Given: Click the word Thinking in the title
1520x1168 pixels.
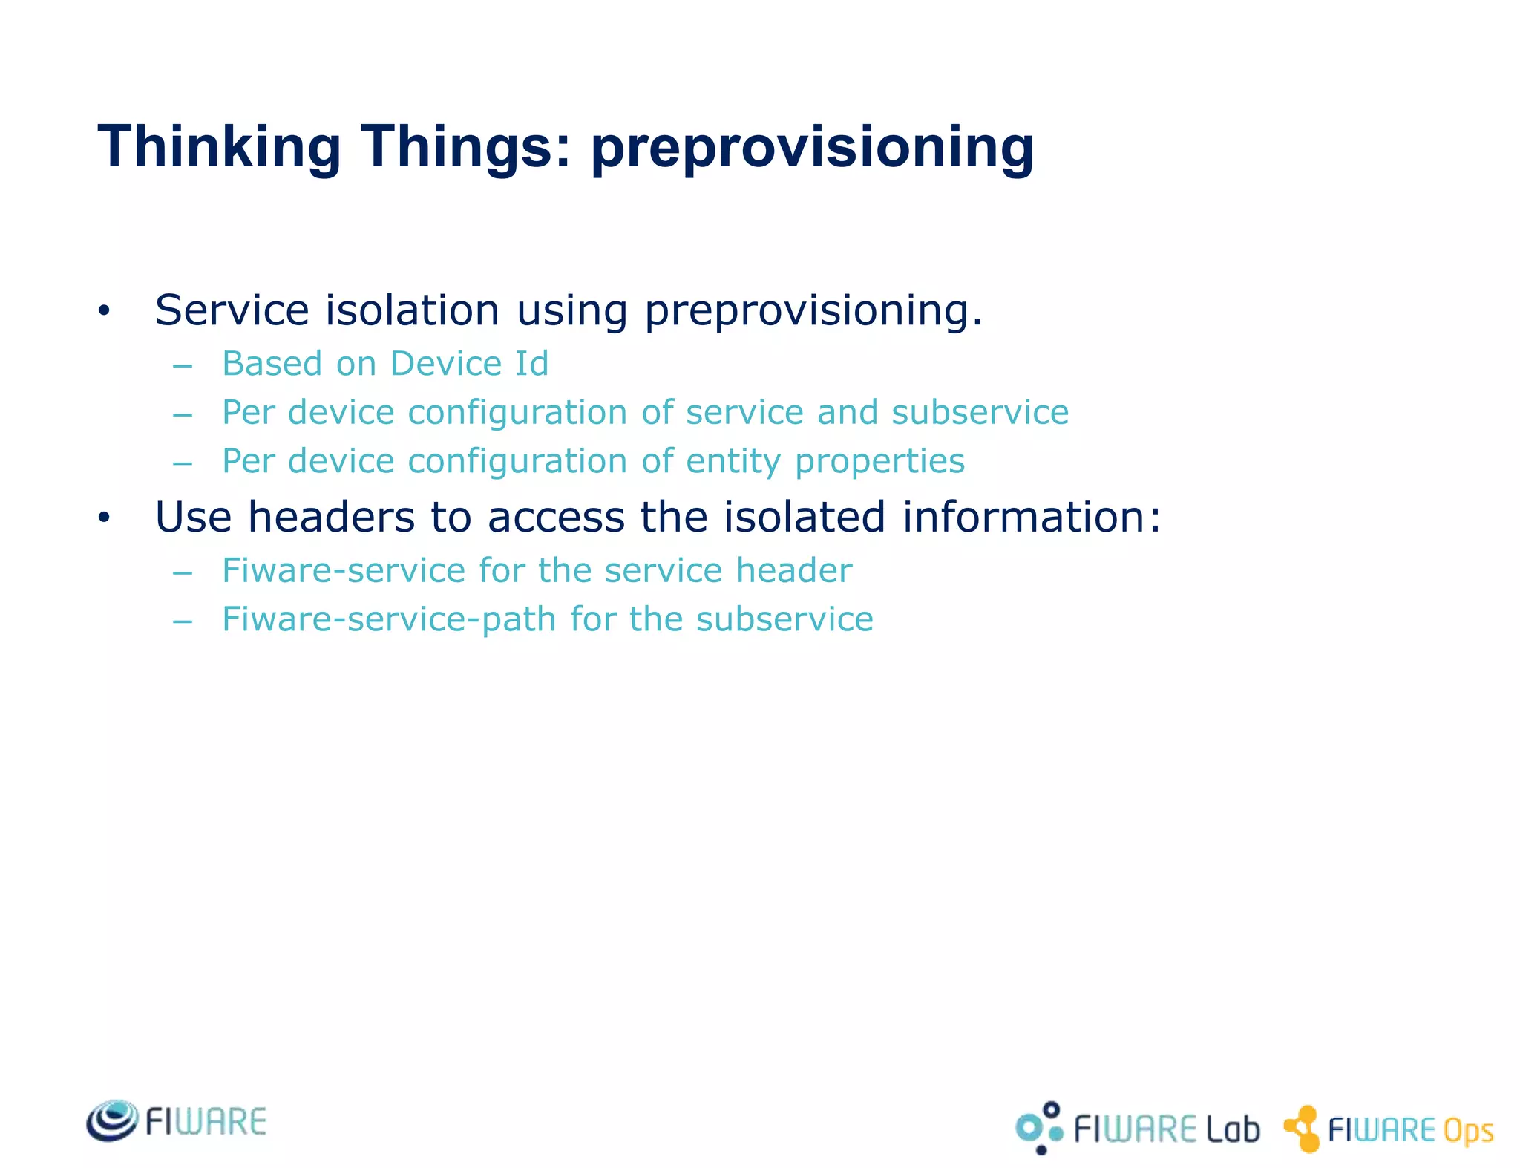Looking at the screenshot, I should point(219,147).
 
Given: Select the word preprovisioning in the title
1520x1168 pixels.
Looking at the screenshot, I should point(812,147).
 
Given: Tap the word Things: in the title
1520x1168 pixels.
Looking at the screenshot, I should point(466,147).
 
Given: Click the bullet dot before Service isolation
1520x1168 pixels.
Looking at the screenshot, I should point(104,311).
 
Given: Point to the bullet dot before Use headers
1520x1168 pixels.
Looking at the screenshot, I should point(104,518).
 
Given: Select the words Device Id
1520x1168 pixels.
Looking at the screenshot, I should point(469,364).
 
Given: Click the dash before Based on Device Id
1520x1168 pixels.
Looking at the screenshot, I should point(183,366).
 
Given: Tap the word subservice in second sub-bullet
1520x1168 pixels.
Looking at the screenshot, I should point(980,412).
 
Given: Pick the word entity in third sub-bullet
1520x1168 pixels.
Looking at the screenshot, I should point(733,461).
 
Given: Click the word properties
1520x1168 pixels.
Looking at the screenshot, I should point(879,461).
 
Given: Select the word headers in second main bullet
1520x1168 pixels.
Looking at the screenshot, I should point(331,517).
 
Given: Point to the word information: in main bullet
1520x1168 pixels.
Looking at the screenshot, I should point(1032,517).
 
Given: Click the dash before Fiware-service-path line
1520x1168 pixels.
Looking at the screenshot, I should point(183,621).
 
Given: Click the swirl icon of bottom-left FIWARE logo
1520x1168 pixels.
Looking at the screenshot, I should point(112,1120).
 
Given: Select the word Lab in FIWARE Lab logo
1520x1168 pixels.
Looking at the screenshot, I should point(1232,1129).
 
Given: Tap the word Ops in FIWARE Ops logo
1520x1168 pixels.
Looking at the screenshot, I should point(1467,1131).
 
